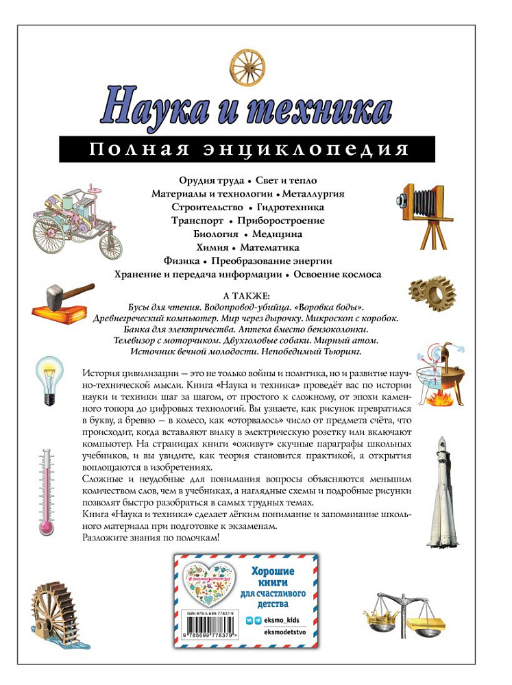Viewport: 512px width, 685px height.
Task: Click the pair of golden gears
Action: [x=432, y=292]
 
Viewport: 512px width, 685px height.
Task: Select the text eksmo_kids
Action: [x=280, y=619]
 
